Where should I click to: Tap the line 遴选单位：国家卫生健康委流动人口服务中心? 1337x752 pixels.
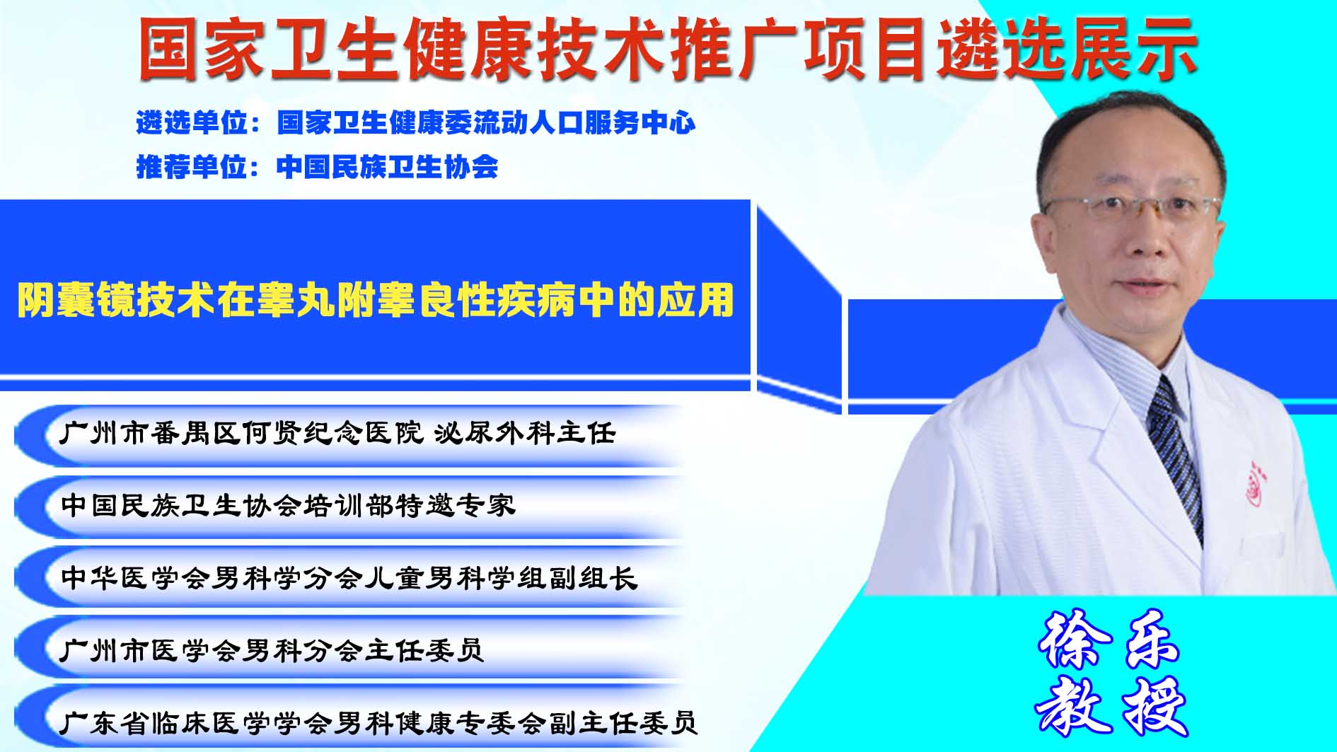tap(416, 123)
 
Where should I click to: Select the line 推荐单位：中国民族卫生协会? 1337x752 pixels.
tap(317, 167)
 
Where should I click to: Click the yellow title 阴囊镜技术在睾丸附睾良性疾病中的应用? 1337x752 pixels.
tap(375, 300)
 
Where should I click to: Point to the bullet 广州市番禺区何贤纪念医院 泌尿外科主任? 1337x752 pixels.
tap(337, 433)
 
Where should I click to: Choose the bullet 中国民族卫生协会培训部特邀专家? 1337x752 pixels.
tap(288, 505)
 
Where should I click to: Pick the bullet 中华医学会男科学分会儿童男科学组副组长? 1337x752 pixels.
tap(349, 577)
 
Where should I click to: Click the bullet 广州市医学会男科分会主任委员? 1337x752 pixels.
tap(272, 649)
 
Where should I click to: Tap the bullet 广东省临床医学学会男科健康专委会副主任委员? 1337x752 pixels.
tap(378, 722)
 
